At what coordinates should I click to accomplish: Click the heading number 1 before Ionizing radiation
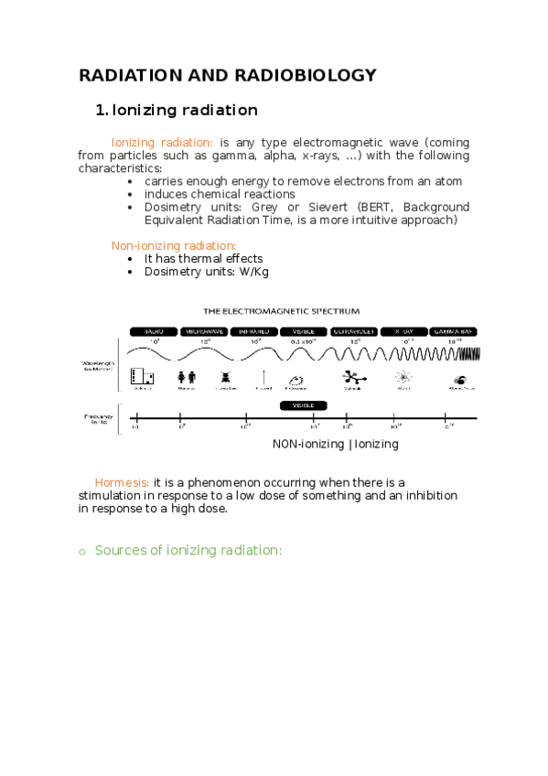(101, 111)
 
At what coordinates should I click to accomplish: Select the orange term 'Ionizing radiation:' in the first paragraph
(162, 143)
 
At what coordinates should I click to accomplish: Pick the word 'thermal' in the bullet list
(199, 258)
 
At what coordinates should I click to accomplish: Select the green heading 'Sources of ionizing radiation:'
(188, 550)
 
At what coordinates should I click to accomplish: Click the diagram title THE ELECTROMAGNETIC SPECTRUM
(281, 311)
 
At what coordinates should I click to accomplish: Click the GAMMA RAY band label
(454, 330)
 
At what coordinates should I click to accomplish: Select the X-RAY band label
(403, 330)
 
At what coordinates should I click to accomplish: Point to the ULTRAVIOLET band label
(352, 330)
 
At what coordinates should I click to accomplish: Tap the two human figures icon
(187, 376)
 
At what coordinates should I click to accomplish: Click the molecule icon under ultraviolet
(351, 376)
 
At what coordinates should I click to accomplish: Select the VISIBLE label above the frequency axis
(303, 404)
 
